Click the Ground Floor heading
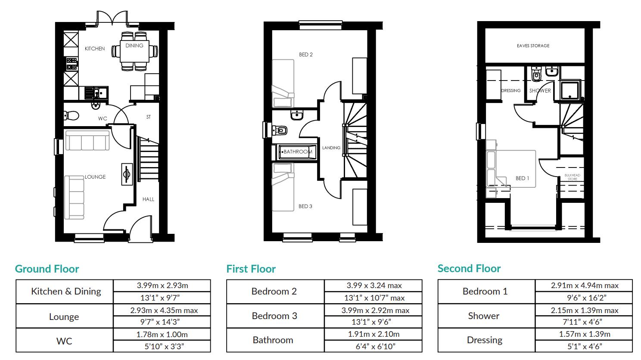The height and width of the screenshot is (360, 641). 47,269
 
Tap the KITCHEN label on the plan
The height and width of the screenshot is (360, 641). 95,49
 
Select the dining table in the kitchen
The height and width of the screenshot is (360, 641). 134,52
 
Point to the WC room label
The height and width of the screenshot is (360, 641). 103,119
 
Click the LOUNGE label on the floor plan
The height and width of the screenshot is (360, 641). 95,177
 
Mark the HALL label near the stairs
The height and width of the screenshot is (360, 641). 148,199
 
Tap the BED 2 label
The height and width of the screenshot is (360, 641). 306,55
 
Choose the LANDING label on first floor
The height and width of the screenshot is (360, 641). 331,148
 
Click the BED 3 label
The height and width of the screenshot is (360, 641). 305,206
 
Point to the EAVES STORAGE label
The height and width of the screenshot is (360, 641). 533,46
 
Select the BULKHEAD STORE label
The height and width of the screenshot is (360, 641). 572,177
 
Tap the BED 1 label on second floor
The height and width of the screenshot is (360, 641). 523,178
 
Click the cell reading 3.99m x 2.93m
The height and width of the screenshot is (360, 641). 162,286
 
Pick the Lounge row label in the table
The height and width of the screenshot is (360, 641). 64,317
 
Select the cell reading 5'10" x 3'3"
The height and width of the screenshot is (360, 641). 162,346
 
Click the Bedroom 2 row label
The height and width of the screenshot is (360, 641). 274,292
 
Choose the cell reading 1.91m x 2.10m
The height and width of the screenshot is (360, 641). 373,334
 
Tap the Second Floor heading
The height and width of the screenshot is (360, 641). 469,269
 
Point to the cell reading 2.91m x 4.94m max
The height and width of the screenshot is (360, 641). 585,286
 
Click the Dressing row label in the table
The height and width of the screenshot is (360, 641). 485,340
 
